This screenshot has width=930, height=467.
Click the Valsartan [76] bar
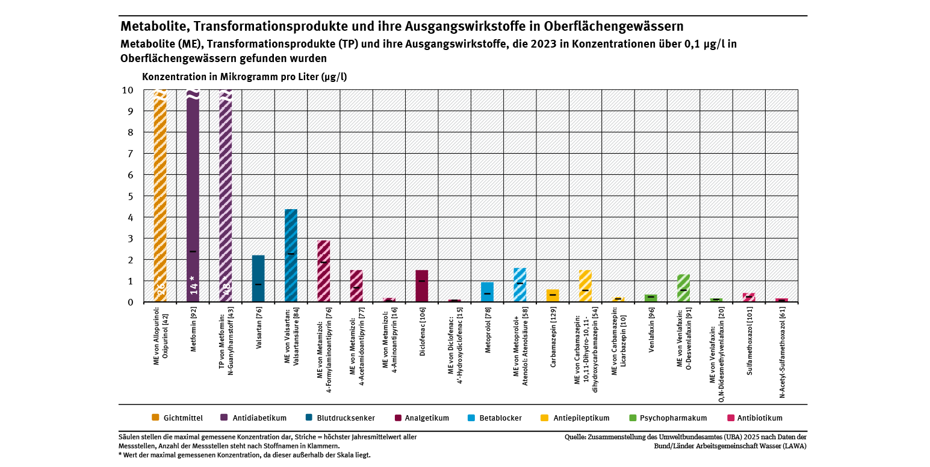click(x=258, y=278)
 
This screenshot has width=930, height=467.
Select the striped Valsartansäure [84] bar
click(x=291, y=255)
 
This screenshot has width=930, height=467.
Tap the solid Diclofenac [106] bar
click(x=421, y=286)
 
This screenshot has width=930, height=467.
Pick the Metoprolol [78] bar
click(x=487, y=292)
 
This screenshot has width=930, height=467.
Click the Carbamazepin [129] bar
click(x=553, y=296)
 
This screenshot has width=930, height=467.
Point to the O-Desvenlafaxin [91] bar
click(x=683, y=288)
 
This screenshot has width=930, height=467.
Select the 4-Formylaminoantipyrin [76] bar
click(x=323, y=271)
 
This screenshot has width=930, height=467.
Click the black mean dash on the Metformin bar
click(x=193, y=251)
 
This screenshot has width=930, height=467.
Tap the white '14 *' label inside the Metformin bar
click(x=193, y=285)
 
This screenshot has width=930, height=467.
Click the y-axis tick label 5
click(x=128, y=196)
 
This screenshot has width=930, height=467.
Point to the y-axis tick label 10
click(x=127, y=90)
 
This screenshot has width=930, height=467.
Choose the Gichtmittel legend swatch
click(x=155, y=418)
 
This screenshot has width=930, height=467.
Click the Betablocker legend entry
click(x=500, y=418)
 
